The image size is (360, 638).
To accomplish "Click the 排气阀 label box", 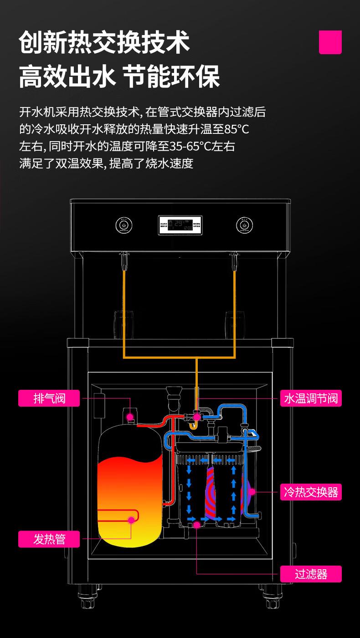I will pos(49,398).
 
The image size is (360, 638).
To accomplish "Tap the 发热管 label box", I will pos(49,539).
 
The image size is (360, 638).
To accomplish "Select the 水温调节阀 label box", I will pos(311,398).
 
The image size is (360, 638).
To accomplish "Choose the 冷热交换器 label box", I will pos(311,492).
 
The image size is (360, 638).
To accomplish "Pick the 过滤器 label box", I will pos(311,574).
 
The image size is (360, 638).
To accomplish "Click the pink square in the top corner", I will pos(330,42).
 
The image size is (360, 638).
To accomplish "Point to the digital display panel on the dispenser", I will pos(180,225).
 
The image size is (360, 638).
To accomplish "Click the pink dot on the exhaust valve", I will pos(130,416).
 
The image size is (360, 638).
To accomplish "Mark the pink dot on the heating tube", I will pos(131,519).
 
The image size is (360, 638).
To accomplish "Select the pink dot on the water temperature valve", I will pos(197,416).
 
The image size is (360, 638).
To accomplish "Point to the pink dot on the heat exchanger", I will pos(251,492).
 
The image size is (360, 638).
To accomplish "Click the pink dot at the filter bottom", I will pos(197,525).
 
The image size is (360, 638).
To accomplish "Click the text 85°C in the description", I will pos(237,129).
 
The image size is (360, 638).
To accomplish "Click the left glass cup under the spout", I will pos(123,323).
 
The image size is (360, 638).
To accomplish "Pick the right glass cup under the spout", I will pos(234,323).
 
